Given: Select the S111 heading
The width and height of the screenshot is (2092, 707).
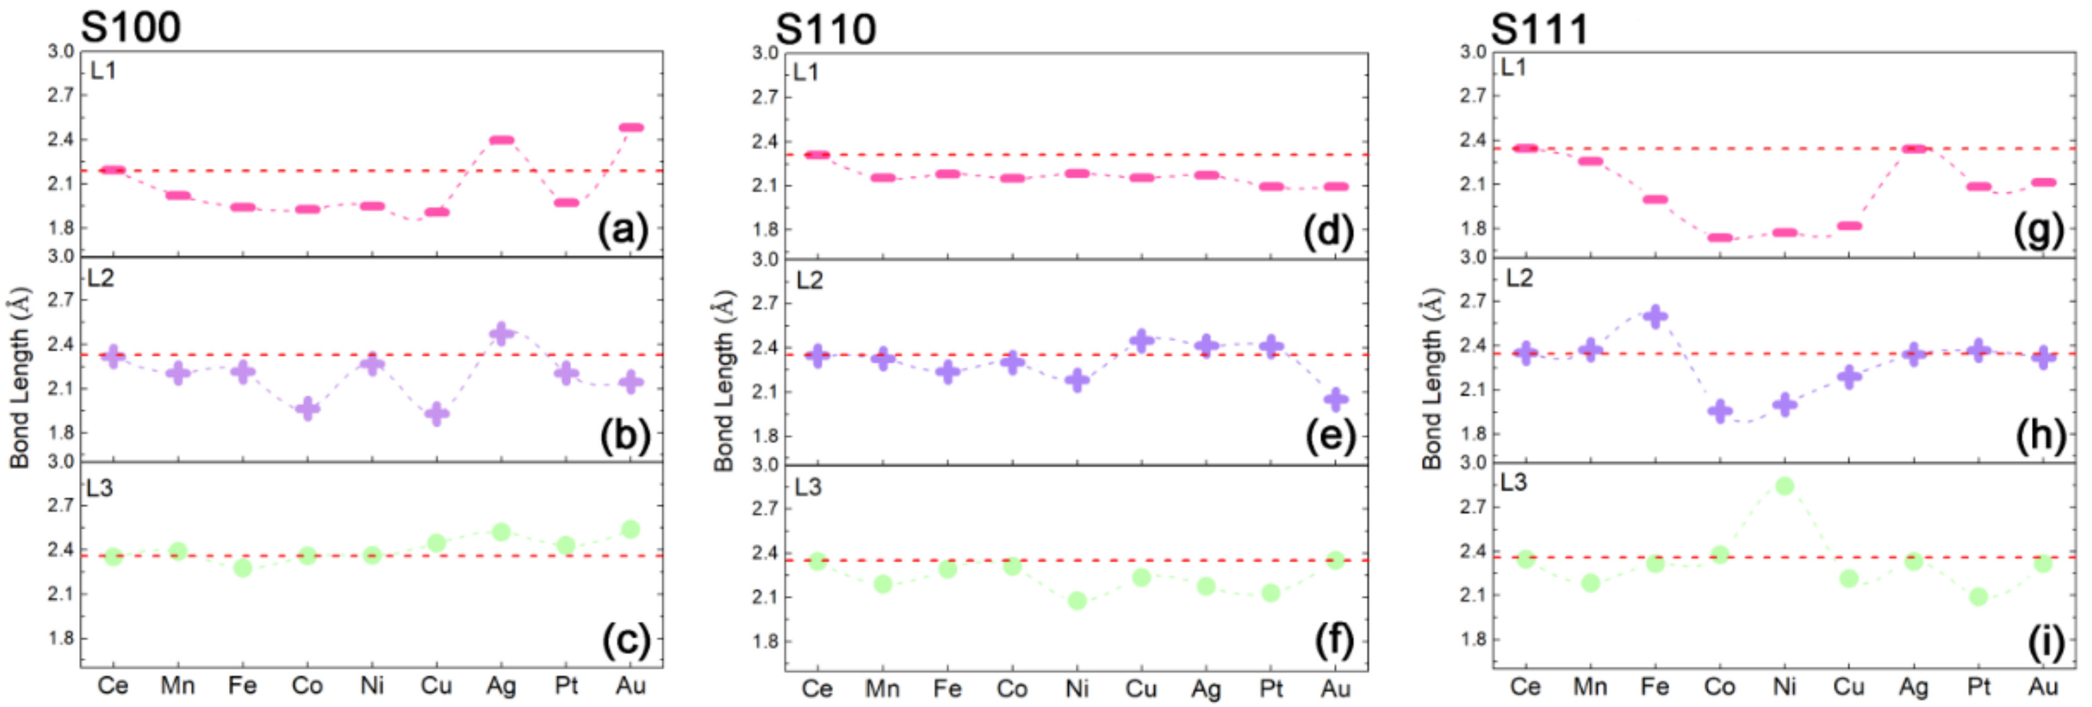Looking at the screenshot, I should click(x=1539, y=29).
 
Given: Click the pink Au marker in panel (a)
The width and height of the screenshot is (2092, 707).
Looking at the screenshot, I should click(x=631, y=127).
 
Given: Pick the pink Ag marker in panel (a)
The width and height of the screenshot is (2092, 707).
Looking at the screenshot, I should click(x=501, y=140).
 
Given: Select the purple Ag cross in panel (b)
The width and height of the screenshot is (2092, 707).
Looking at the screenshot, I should click(x=501, y=333).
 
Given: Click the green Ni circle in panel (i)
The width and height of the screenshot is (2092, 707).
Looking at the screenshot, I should click(x=1784, y=486).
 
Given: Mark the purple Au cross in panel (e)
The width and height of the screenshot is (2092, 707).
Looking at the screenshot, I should click(x=1336, y=399).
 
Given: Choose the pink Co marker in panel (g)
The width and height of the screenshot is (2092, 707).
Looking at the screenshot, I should click(x=1720, y=238).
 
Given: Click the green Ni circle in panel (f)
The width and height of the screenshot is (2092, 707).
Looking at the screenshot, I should click(x=1077, y=601).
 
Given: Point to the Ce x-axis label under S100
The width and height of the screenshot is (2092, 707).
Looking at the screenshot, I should click(x=113, y=687).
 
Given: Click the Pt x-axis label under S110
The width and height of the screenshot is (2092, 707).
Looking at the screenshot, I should click(x=1271, y=689).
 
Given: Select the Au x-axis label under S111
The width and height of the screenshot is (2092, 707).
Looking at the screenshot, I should click(x=2043, y=687).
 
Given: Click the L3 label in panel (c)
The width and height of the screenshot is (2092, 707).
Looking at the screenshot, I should click(x=100, y=488).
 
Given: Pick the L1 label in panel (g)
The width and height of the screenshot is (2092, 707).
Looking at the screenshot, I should click(x=1513, y=67).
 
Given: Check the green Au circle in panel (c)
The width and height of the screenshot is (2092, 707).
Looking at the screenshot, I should click(x=631, y=530).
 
